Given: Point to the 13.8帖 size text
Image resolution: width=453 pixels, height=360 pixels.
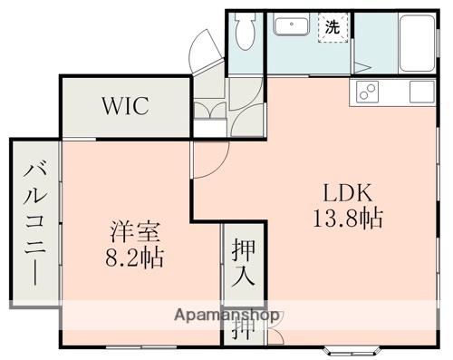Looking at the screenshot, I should click(x=349, y=219).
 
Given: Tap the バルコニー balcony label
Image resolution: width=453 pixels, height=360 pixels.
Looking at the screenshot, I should click(x=34, y=222).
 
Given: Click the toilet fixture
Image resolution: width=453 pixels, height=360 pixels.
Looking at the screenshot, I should click(x=242, y=35).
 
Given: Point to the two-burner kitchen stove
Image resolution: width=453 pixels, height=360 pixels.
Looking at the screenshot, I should click(x=369, y=92).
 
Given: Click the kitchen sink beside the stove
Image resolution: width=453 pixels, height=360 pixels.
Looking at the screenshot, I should click(x=421, y=92).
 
